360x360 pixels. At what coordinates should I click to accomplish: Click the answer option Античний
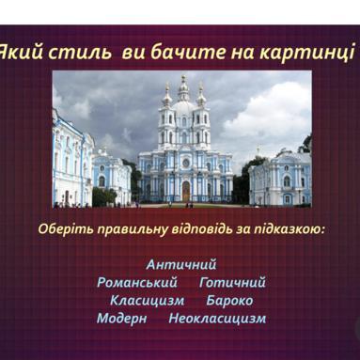click(181, 264)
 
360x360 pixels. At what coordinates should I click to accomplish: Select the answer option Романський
click(137, 283)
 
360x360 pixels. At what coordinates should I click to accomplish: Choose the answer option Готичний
click(232, 283)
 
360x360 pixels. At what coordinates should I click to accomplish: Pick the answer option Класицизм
click(148, 301)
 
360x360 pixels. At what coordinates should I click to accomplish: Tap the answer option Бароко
click(229, 301)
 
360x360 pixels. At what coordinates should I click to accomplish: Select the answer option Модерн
click(121, 319)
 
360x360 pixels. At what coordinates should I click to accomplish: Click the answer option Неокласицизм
click(217, 319)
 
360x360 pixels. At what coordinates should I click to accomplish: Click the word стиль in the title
click(81, 52)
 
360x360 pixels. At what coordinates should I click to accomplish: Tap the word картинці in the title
click(307, 53)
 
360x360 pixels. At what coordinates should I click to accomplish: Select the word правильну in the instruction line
click(133, 229)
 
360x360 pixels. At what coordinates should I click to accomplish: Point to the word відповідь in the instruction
click(202, 228)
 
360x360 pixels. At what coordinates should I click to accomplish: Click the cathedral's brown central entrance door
click(186, 191)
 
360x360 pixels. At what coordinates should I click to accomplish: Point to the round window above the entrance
click(186, 163)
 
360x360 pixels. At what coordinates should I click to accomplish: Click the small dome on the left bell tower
click(167, 99)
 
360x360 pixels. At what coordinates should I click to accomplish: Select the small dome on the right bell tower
click(201, 99)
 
